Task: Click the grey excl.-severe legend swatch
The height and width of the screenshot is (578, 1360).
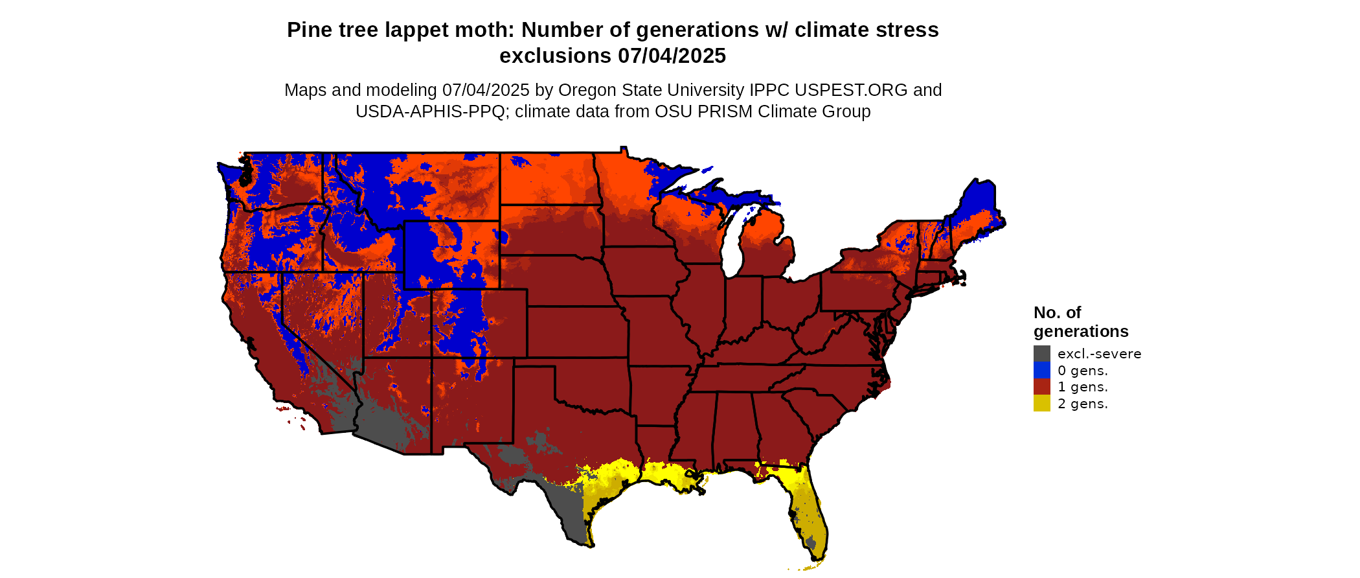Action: coord(1041,354)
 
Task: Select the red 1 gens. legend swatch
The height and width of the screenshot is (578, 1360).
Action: coord(1041,387)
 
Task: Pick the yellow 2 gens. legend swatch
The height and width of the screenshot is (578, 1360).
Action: coord(1041,404)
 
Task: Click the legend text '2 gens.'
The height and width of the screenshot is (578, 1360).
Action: coord(1082,404)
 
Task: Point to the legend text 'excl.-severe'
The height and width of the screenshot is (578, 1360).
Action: coord(1099,354)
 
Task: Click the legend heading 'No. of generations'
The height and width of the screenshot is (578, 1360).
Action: coord(1080,322)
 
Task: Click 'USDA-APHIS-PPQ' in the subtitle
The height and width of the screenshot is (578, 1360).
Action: coord(429,111)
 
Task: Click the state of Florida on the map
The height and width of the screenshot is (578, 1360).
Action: coord(806,505)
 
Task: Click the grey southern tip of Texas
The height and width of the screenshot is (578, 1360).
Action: coord(569,518)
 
